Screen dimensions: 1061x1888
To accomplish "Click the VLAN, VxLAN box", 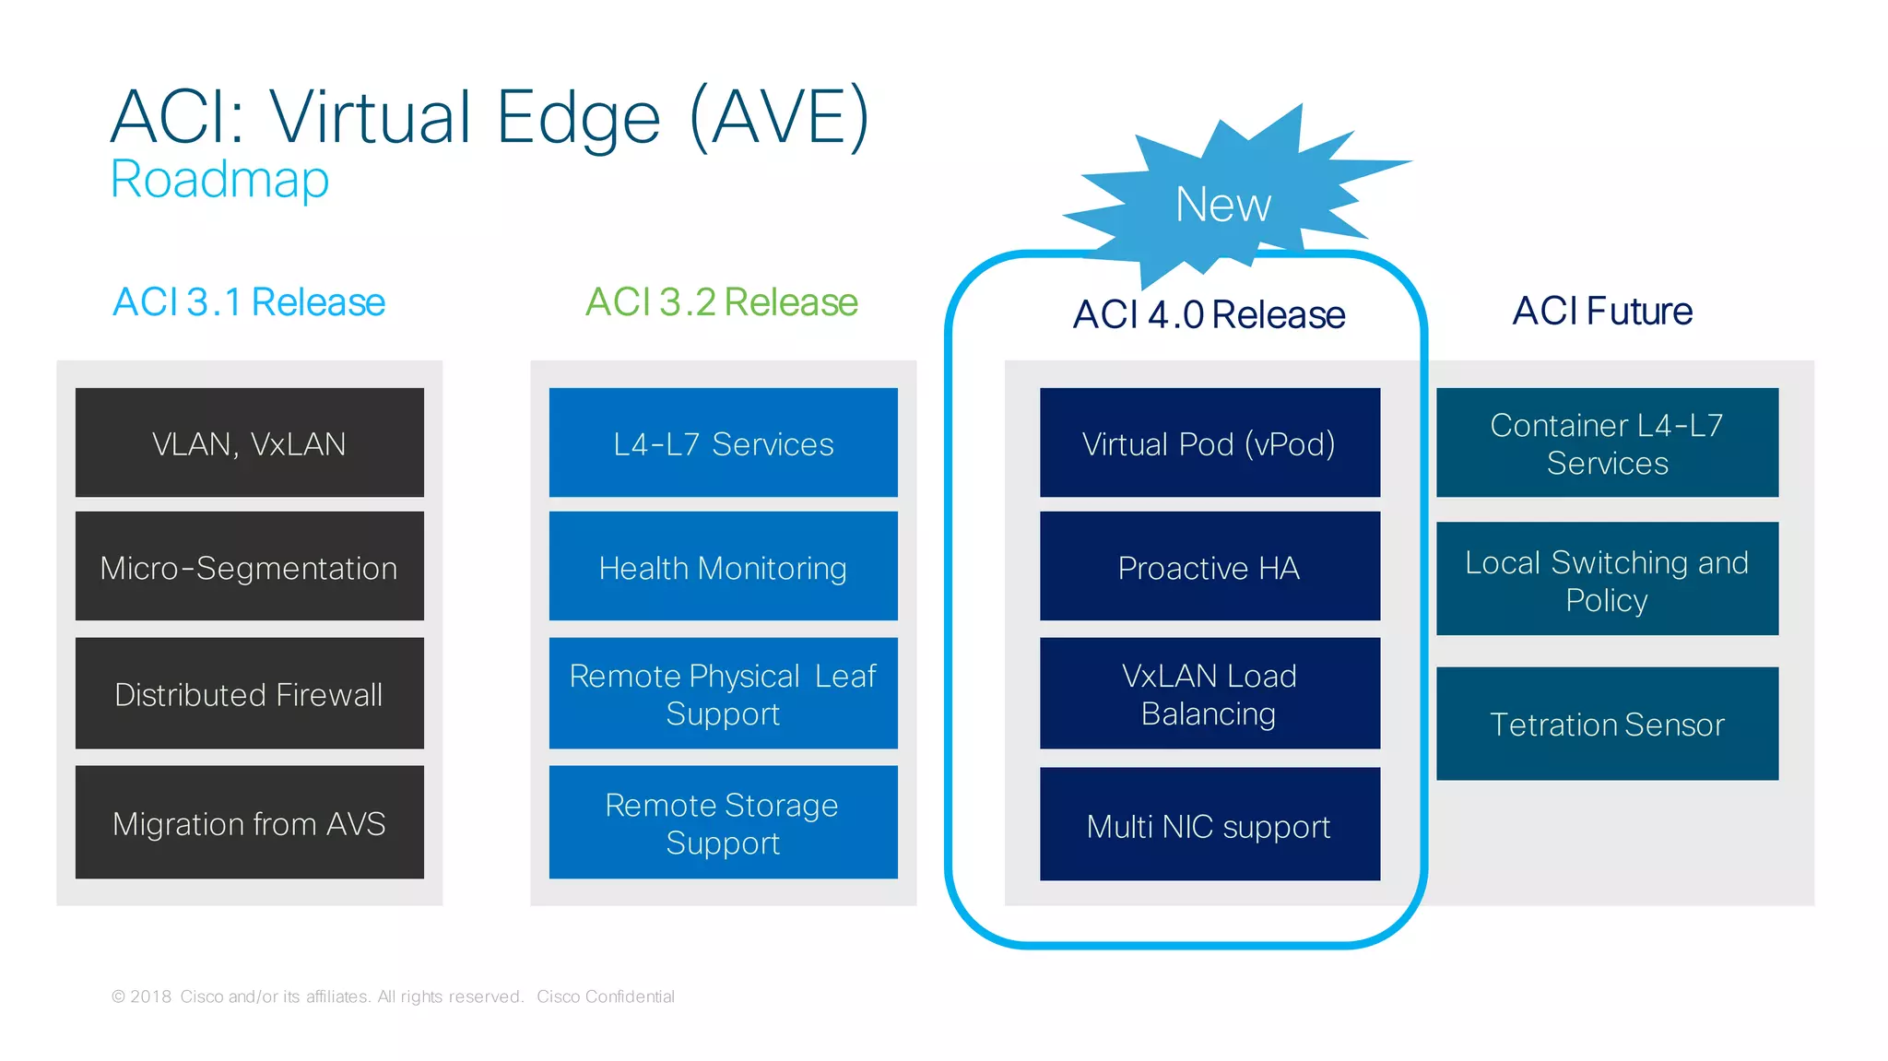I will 249,442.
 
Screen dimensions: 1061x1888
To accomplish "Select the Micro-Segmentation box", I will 249,566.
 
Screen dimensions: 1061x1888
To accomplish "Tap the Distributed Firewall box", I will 249,693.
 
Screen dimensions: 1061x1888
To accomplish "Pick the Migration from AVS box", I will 249,822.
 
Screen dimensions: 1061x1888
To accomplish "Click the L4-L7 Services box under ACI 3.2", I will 723,442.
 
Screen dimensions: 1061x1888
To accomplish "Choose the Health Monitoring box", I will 723,566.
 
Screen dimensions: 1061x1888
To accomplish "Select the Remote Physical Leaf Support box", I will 723,693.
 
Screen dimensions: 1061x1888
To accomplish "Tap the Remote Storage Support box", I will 723,822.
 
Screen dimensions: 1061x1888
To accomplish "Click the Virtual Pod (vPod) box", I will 1209,442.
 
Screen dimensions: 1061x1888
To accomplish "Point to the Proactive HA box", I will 1209,566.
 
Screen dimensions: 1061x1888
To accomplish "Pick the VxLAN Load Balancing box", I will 1209,693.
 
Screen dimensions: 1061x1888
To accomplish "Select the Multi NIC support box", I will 1209,824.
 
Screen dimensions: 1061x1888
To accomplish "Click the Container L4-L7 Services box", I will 1607,442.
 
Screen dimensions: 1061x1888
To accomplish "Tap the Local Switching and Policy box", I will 1607,579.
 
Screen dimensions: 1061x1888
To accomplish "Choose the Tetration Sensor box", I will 1607,724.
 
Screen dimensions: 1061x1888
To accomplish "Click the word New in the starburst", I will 1223,204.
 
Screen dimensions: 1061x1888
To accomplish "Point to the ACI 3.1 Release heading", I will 249,302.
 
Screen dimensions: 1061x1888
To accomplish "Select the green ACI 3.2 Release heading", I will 722,302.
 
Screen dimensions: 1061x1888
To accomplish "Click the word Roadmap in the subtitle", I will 219,179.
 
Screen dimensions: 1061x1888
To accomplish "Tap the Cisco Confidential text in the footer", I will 606,996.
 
